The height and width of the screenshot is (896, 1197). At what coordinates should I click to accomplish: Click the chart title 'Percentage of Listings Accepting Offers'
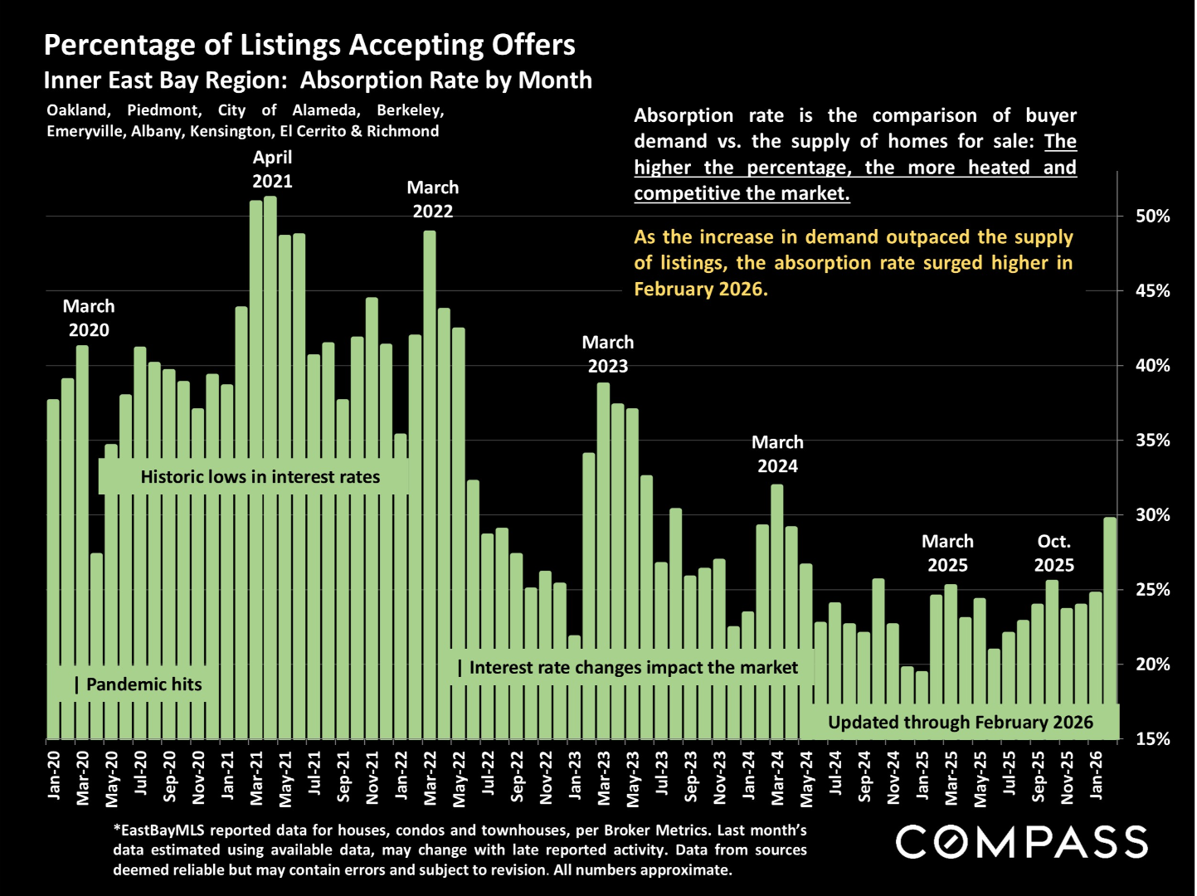[309, 45]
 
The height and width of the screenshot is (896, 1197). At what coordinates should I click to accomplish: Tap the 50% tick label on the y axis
[1153, 217]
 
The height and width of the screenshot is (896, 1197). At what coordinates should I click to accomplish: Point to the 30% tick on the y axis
[1153, 515]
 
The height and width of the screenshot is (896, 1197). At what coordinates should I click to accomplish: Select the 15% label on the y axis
[1153, 739]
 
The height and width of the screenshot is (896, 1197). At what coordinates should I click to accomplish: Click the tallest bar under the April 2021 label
[270, 465]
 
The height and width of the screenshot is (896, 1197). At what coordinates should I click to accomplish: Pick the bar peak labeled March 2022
[430, 481]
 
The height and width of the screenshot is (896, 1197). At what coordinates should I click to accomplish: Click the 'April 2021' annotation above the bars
[272, 168]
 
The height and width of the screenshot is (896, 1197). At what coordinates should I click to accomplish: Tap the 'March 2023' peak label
[607, 354]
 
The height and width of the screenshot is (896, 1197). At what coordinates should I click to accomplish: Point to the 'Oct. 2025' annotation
[1053, 553]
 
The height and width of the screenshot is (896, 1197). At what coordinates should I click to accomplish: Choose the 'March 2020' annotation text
[89, 318]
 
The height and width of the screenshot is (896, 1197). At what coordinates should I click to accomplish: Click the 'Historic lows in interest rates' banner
[260, 477]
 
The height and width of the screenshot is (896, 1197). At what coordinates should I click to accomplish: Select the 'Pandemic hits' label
[144, 684]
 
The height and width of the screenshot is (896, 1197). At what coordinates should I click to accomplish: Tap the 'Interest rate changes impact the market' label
[633, 668]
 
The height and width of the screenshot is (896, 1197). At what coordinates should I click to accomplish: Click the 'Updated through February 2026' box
[961, 723]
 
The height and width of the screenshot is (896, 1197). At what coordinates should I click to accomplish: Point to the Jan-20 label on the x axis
[54, 775]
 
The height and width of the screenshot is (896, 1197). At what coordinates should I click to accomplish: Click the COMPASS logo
[1022, 842]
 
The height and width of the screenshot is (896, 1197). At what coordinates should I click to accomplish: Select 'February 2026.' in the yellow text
[701, 289]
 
